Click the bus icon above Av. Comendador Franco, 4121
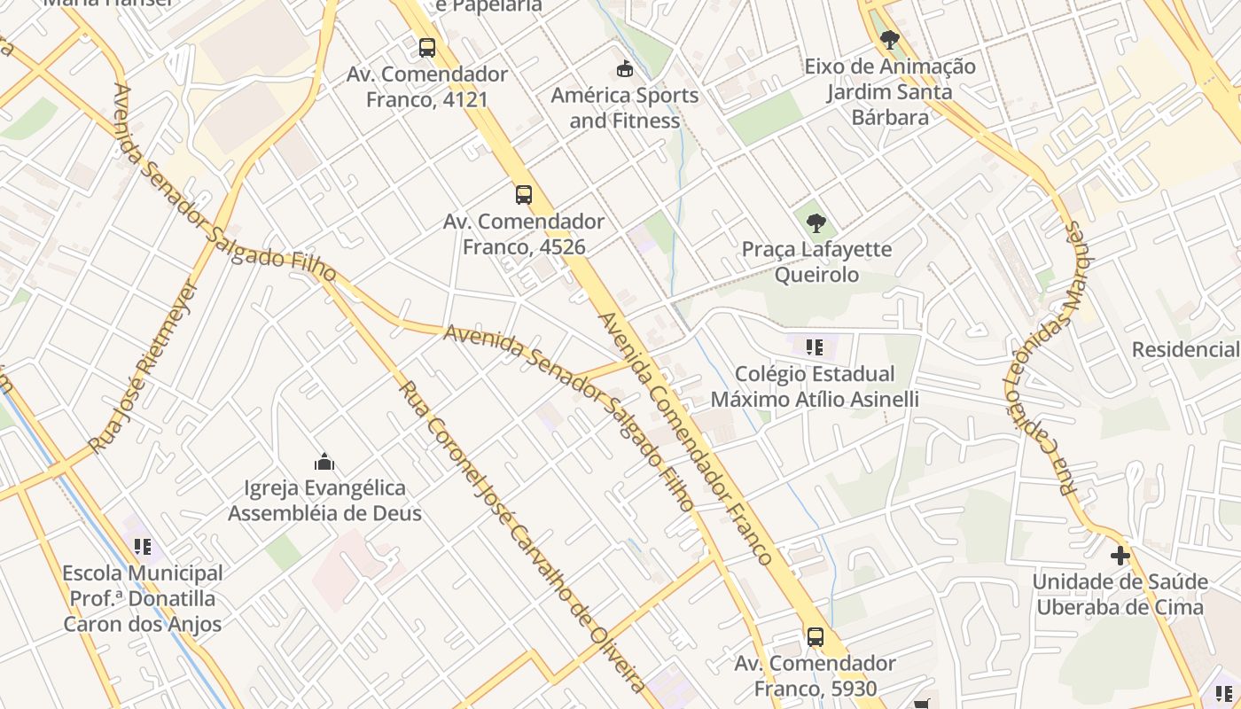[427, 48]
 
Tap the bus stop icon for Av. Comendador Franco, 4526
[524, 195]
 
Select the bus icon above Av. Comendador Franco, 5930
[815, 636]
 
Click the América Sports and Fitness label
[625, 108]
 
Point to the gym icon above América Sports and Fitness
[625, 68]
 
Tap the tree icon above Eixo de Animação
[889, 40]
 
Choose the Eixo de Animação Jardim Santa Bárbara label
[890, 91]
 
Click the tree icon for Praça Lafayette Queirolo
[816, 222]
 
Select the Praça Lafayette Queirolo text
[816, 261]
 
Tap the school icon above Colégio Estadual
[815, 347]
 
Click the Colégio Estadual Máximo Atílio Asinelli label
[815, 386]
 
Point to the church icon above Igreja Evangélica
[324, 462]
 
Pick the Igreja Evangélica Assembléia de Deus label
[325, 501]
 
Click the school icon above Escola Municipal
[143, 547]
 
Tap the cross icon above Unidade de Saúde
[1120, 556]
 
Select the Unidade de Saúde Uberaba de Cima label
[1120, 595]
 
